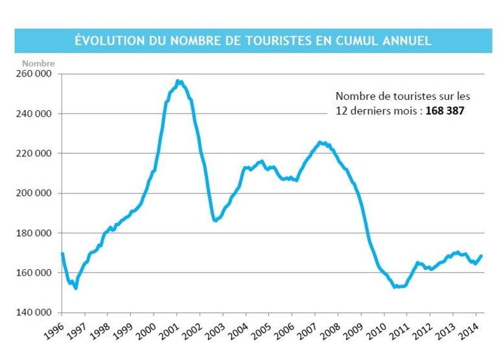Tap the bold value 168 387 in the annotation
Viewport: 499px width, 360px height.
[445, 111]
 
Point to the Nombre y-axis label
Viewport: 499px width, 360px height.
[38, 64]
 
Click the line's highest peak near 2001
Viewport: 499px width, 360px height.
[178, 81]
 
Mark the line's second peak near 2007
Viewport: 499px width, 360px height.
[319, 142]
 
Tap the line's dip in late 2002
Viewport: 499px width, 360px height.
[215, 221]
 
